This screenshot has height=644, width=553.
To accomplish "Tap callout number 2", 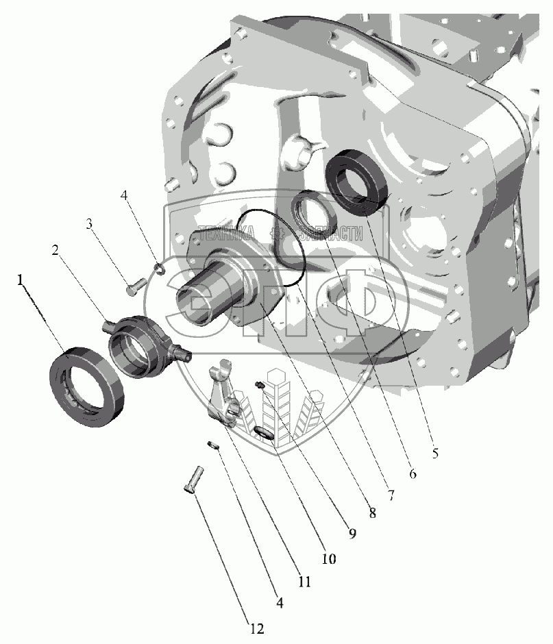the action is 56,250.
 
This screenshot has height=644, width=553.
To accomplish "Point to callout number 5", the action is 434,453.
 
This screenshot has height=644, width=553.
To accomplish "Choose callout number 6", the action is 413,473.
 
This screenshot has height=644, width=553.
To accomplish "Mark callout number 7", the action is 391,495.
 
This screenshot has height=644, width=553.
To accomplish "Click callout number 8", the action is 372,512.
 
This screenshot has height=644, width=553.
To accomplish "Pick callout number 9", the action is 352,534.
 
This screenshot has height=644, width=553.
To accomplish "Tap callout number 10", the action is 329,558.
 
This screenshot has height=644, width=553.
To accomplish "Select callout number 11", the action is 304,582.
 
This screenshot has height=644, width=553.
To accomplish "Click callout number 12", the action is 256,628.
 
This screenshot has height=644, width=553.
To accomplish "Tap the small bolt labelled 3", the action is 136,286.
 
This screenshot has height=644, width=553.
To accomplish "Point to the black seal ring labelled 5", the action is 356,182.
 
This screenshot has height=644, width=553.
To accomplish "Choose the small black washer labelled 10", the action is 261,432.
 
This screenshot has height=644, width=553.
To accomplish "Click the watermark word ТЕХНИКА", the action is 225,233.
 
